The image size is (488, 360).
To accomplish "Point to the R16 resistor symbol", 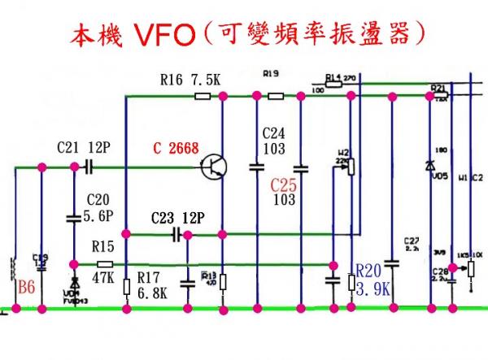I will pyautogui.click(x=203, y=96).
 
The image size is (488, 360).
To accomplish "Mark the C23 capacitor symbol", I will pyautogui.click(x=176, y=235).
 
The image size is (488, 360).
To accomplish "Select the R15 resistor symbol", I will pyautogui.click(x=104, y=264).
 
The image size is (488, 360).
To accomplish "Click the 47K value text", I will pyautogui.click(x=102, y=277).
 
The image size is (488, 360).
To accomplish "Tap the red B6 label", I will pyautogui.click(x=27, y=286).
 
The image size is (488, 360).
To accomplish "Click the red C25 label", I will pyautogui.click(x=284, y=184).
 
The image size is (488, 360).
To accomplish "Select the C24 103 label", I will pyautogui.click(x=272, y=141).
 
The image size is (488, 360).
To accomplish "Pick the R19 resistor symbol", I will pyautogui.click(x=276, y=96).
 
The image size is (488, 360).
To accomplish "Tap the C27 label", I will pyautogui.click(x=411, y=243).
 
